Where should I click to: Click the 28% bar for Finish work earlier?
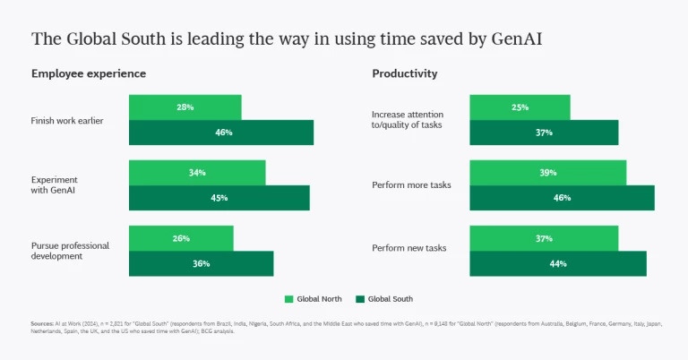(x=185, y=107)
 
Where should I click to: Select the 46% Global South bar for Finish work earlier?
(x=221, y=133)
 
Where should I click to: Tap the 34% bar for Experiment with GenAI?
(x=197, y=172)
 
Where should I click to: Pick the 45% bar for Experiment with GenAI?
(x=219, y=198)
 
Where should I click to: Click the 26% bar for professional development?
(x=181, y=237)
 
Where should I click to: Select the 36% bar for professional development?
(x=201, y=263)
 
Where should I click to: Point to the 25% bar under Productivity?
(x=520, y=107)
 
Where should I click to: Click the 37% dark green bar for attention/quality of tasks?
(x=544, y=133)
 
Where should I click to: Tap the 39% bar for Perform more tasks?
(x=547, y=172)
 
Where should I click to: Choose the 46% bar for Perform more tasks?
(x=562, y=198)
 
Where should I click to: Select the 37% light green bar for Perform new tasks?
(x=544, y=237)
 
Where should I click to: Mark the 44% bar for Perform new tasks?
(x=558, y=263)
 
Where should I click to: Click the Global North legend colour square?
(x=289, y=298)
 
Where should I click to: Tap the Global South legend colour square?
(x=361, y=298)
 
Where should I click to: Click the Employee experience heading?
(x=89, y=73)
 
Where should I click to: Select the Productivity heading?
(x=405, y=73)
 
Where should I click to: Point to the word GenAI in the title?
(x=517, y=39)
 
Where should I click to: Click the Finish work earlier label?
(x=67, y=120)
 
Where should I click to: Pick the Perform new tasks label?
(x=408, y=248)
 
